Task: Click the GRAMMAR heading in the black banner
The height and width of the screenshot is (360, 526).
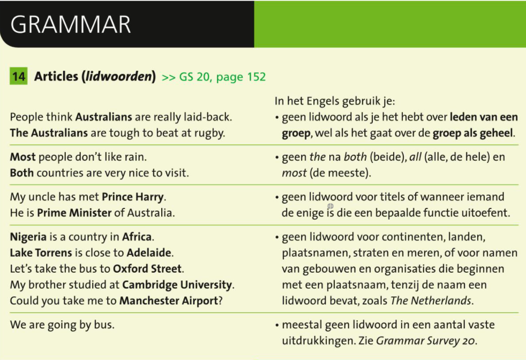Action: point(71,25)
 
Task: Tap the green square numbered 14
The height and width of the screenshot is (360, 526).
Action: point(18,76)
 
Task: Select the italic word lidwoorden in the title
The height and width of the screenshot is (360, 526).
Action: point(119,77)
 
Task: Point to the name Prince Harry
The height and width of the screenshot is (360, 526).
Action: point(133,197)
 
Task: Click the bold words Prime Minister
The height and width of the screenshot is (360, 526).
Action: point(74,213)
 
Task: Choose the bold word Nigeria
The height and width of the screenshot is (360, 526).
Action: point(28,237)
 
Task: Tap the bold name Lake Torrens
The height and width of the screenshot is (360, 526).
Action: point(41,253)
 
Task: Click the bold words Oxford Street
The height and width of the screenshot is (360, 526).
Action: point(148,269)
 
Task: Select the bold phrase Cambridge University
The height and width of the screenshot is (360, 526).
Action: point(177,285)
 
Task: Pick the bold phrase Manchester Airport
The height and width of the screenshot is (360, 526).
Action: point(169,301)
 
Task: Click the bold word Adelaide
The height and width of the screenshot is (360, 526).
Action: point(149,253)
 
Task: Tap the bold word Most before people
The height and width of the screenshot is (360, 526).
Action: point(22,157)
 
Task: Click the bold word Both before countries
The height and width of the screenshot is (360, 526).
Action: point(22,173)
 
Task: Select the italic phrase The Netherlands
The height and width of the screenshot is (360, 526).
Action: point(431,301)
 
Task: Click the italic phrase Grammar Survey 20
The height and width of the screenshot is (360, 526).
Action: point(425,341)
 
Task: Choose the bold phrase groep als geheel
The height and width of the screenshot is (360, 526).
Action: point(472,133)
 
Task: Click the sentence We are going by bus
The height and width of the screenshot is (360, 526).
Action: point(62,325)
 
